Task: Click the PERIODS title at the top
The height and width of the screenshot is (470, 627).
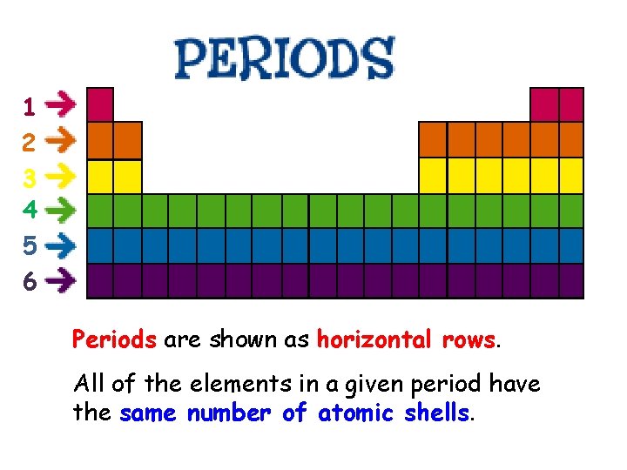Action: coord(284,58)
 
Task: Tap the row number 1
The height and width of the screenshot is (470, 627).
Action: coord(30,107)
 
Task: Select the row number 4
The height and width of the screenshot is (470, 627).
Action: coord(30,210)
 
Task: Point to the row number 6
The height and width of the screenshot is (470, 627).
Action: coord(30,282)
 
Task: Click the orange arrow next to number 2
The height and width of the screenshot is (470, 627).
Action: coord(60,138)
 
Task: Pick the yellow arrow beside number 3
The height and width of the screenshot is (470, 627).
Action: coord(60,176)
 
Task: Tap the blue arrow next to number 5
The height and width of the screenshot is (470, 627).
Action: coord(60,246)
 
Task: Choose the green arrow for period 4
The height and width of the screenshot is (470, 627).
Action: coord(60,209)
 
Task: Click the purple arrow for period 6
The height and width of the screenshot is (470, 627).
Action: coord(60,280)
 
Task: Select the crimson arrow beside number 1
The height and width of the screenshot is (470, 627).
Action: coord(60,106)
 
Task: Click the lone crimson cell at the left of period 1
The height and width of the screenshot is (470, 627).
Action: coord(100,104)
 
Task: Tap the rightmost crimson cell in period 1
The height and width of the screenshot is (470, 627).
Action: coord(571,104)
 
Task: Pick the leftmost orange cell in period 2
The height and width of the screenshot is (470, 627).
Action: coord(100,140)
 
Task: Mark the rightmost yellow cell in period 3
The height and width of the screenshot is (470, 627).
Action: coord(571,176)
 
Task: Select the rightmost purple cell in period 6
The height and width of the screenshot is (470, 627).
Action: coord(571,281)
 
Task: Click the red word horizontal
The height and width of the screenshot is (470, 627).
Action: coord(375,339)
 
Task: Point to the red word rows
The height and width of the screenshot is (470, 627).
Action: coord(468,339)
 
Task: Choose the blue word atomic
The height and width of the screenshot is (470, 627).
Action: coord(355,413)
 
